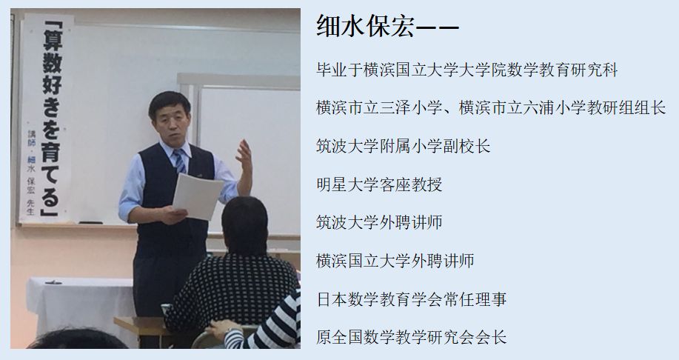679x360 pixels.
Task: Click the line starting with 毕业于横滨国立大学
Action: coord(466,70)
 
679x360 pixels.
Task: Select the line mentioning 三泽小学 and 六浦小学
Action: coord(490,108)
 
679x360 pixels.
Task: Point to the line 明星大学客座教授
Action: coord(379,184)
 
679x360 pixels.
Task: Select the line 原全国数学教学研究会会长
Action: coord(411,337)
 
